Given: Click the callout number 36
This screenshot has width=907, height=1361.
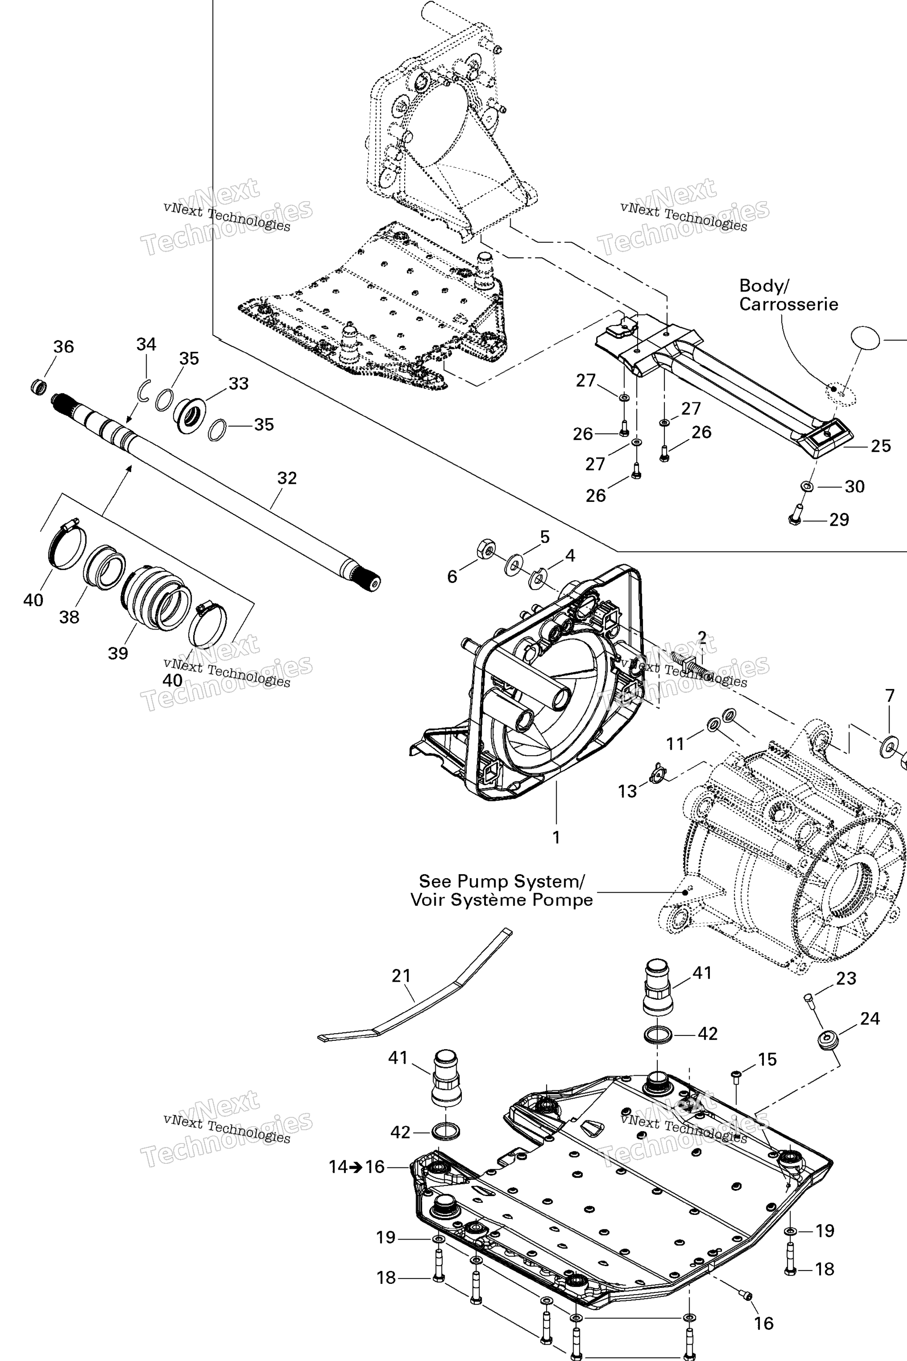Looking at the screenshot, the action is [x=64, y=346].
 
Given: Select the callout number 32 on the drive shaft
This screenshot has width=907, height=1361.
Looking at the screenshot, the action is [x=287, y=478].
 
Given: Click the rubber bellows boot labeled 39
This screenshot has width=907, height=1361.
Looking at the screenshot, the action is [x=156, y=597].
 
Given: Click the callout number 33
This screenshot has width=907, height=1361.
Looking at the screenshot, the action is [x=239, y=383].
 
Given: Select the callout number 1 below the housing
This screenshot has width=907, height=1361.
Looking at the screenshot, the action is [x=556, y=837].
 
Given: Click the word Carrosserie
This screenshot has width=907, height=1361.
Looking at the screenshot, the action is [x=788, y=304].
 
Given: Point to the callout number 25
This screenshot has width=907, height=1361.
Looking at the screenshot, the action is [x=880, y=446].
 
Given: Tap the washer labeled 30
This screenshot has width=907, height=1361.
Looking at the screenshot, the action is [x=807, y=486].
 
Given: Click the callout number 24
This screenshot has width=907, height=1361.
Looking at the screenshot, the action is [x=870, y=1019].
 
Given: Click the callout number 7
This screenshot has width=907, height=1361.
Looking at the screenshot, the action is [x=890, y=696].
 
